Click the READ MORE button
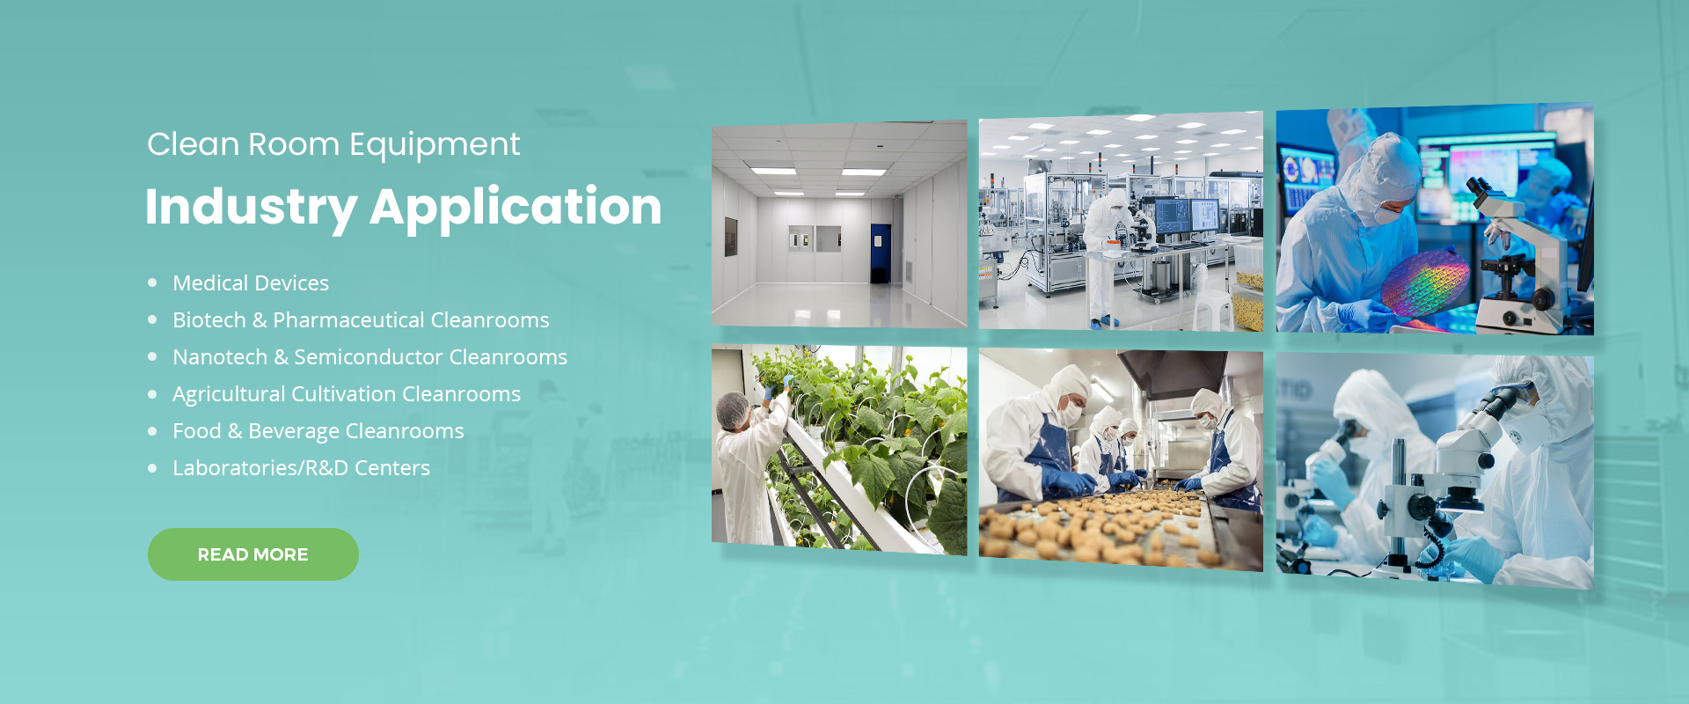click(x=253, y=554)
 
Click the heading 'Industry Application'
click(x=403, y=208)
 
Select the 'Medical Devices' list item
click(x=251, y=283)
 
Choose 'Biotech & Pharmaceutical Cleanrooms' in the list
click(x=361, y=320)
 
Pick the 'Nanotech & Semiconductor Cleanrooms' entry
click(x=369, y=357)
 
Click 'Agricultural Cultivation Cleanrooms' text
click(x=347, y=394)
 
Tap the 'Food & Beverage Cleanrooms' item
click(x=318, y=431)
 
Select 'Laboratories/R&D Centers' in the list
click(x=301, y=468)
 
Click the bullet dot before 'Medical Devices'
click(x=152, y=282)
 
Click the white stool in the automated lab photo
click(x=1211, y=308)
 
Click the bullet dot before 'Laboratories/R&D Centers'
click(x=152, y=468)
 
